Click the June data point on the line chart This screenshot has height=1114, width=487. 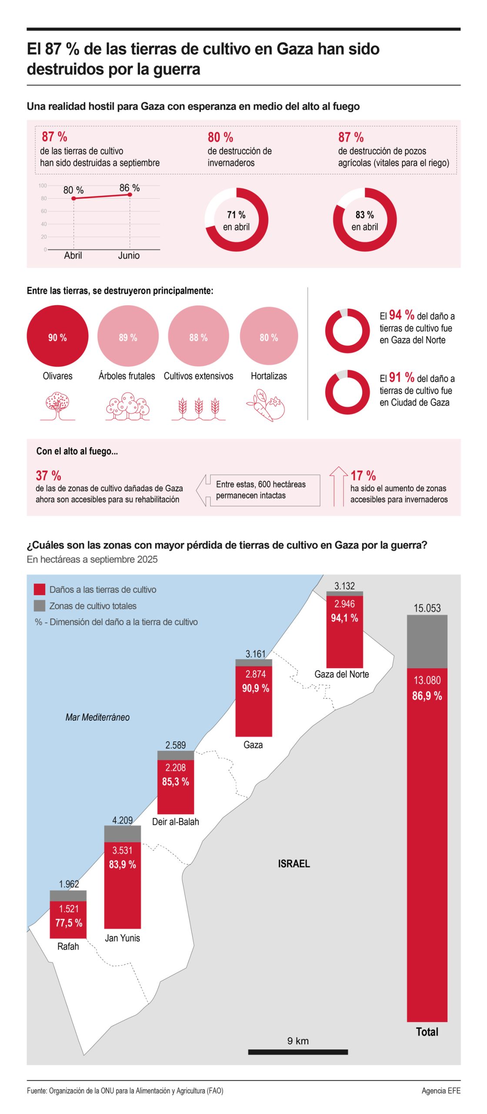130,195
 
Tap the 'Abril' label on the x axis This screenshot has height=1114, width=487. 73,255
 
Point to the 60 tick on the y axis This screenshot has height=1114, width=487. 44,211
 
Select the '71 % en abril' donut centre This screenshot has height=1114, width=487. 236,220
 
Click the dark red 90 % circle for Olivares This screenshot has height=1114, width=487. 57,336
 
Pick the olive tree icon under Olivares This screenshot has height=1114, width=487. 57,406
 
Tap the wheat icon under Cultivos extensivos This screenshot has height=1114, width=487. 198,408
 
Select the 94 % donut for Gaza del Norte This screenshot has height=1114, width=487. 347,331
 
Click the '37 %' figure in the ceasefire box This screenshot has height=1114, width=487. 48,475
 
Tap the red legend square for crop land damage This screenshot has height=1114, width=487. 40,589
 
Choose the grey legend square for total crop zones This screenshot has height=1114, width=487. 40,605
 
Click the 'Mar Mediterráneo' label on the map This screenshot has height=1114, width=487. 97,717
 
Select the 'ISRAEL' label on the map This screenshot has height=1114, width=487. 294,863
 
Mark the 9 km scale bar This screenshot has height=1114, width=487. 298,1052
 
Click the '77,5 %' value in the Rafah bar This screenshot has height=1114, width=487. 69,923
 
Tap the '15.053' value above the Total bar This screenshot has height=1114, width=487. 427,608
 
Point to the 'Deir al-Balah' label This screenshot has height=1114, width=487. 175,822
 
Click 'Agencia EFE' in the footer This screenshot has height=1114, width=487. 440,1091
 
